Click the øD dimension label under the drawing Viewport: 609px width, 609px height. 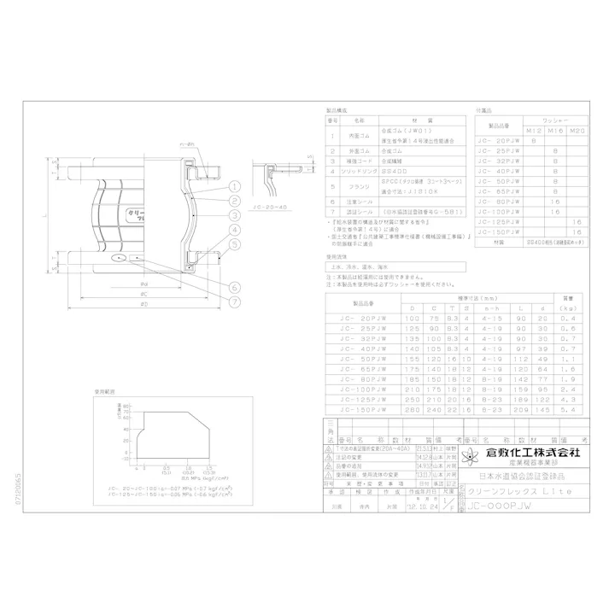coord(145,303)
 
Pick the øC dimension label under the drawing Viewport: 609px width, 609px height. coord(145,293)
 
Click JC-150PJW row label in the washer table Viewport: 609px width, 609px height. coord(499,231)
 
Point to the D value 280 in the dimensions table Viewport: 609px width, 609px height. coord(413,411)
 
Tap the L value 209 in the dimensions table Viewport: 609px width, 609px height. coord(523,411)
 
